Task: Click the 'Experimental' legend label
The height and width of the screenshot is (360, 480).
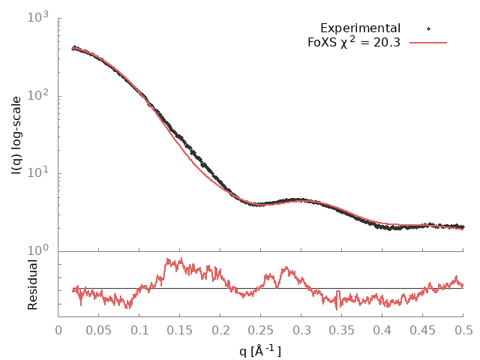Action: point(360,28)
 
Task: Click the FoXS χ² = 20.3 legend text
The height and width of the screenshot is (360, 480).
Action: point(353,42)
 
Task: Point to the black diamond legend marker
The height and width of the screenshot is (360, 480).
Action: point(428,28)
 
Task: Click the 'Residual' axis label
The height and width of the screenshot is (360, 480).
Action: point(32,284)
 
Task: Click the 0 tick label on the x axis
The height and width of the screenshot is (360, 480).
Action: point(59,329)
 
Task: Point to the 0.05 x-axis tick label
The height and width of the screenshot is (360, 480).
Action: point(100,329)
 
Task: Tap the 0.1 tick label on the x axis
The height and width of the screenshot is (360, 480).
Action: point(140,329)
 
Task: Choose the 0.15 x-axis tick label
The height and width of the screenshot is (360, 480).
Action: point(181,329)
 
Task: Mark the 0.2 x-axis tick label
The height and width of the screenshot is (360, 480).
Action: point(221,329)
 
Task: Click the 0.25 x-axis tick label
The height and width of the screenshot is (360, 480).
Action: point(262,329)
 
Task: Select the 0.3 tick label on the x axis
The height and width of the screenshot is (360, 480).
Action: point(302,329)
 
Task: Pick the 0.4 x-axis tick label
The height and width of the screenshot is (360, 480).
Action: point(382,329)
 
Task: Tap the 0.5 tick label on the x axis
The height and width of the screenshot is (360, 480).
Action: point(463,329)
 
